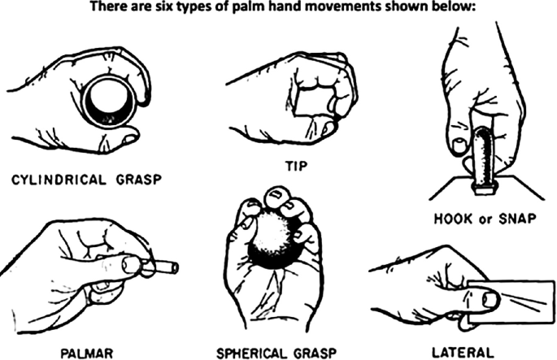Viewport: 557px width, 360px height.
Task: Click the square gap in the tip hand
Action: coord(309,104)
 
